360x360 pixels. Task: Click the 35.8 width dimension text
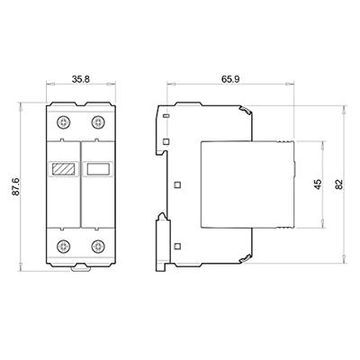80,79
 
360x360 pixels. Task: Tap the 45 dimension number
317,184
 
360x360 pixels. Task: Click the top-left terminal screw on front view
63,121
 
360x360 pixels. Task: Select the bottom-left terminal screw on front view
63,246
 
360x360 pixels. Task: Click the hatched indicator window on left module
63,167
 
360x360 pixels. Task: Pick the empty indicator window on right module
97,167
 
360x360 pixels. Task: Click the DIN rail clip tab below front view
80,268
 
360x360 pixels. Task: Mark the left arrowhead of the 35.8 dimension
47,89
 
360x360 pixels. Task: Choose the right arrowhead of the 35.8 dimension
114,89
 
